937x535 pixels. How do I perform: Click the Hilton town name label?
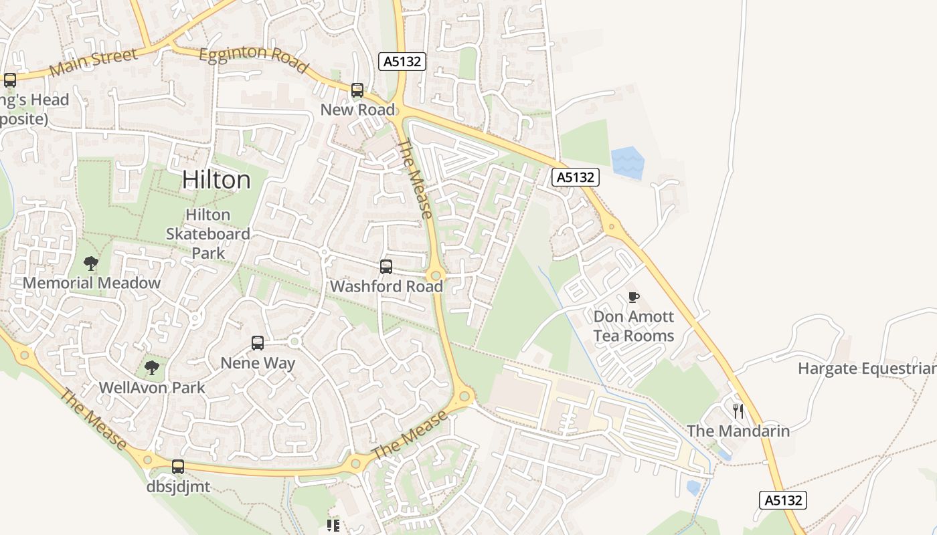pyautogui.click(x=216, y=180)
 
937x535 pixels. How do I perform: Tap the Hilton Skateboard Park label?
pyautogui.click(x=207, y=234)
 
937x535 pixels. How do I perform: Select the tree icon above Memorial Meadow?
pyautogui.click(x=91, y=263)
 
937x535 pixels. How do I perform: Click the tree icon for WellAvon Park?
pyautogui.click(x=152, y=367)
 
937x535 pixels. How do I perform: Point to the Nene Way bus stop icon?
pyautogui.click(x=258, y=343)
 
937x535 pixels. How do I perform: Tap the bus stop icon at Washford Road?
pyautogui.click(x=386, y=267)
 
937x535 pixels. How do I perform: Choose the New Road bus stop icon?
pyautogui.click(x=357, y=90)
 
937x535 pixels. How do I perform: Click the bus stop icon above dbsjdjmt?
pyautogui.click(x=178, y=466)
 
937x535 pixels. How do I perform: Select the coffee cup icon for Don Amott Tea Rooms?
pyautogui.click(x=634, y=297)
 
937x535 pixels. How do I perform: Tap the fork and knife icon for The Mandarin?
pyautogui.click(x=738, y=411)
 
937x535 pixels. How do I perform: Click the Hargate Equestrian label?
pyautogui.click(x=867, y=368)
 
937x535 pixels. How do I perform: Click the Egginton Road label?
pyautogui.click(x=254, y=59)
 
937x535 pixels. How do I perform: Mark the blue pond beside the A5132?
pyautogui.click(x=627, y=163)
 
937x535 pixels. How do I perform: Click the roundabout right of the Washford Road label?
pyautogui.click(x=436, y=276)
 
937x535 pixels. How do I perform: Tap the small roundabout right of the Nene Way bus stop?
pyautogui.click(x=294, y=342)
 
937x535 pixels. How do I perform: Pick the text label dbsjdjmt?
pyautogui.click(x=178, y=486)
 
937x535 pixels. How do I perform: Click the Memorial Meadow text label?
pyautogui.click(x=92, y=283)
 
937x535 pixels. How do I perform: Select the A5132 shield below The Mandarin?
pyautogui.click(x=783, y=500)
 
